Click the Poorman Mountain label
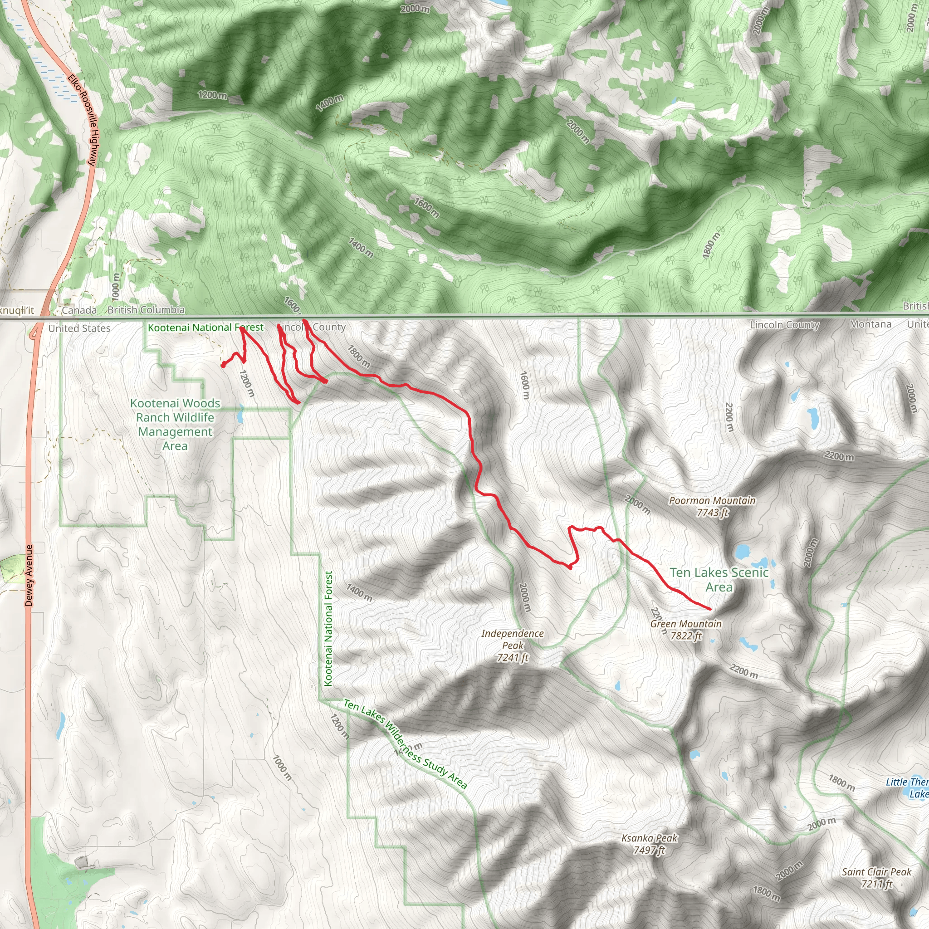(x=712, y=501)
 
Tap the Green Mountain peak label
(x=686, y=624)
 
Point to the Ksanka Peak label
(x=649, y=838)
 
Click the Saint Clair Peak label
(x=876, y=872)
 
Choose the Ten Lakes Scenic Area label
(x=719, y=579)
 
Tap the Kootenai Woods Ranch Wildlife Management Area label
(x=175, y=424)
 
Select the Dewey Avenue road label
(x=29, y=575)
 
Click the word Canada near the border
(x=79, y=310)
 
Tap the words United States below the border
(x=79, y=328)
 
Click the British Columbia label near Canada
(x=146, y=310)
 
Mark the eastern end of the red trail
(x=710, y=609)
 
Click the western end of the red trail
(x=223, y=366)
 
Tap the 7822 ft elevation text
(x=686, y=636)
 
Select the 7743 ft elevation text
(x=713, y=513)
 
